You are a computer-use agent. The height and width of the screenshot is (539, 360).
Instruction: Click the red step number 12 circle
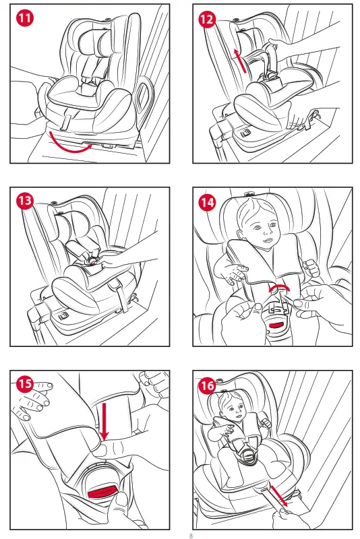click(x=208, y=20)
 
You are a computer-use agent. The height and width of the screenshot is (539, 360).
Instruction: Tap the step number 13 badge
click(x=25, y=201)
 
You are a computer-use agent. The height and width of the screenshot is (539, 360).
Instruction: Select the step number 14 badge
click(x=208, y=203)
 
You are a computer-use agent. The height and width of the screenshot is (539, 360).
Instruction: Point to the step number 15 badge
click(x=25, y=383)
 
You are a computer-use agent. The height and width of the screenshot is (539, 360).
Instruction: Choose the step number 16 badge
click(x=208, y=385)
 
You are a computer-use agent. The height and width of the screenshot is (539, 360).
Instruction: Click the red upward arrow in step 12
click(x=239, y=61)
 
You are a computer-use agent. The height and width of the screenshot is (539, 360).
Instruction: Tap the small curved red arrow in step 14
click(x=279, y=288)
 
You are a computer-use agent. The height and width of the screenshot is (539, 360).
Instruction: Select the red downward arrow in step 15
click(x=104, y=422)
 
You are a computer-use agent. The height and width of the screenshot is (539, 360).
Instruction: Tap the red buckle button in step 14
click(x=276, y=325)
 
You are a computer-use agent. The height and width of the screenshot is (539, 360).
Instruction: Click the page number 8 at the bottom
click(x=191, y=536)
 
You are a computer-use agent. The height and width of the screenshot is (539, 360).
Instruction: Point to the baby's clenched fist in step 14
click(x=311, y=267)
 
